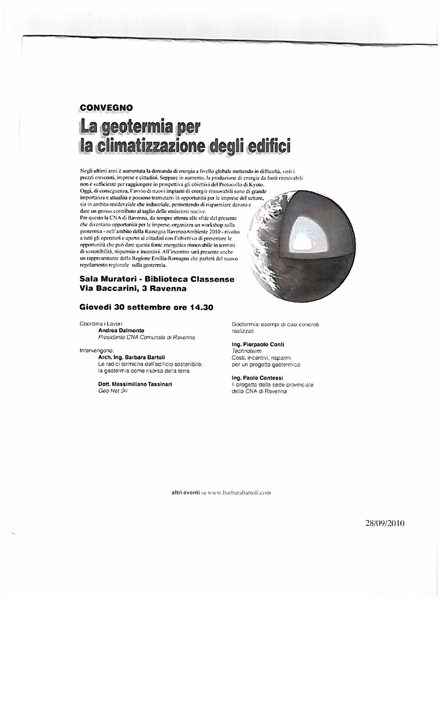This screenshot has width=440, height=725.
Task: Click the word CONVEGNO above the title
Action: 106,108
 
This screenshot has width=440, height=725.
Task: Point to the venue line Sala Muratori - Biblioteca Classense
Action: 157,279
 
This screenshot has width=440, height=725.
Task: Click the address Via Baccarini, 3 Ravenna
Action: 133,289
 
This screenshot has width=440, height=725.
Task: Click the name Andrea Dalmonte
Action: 121,330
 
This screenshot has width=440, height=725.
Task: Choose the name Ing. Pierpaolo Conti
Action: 258,344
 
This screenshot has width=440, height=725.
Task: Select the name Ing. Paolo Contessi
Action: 257,378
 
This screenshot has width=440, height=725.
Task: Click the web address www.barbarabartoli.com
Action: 239,493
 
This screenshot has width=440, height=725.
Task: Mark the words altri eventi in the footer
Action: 185,493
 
